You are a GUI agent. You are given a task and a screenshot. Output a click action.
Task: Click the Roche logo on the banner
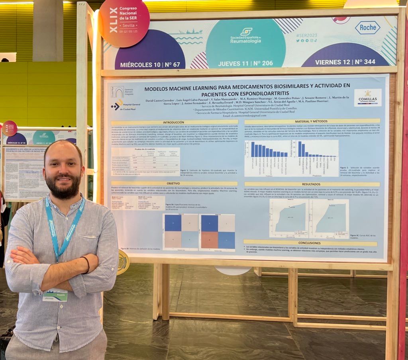coord(367,27)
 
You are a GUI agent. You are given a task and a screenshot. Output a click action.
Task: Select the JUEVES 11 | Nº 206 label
coord(245,63)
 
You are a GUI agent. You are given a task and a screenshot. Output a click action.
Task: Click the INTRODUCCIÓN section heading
coord(174,122)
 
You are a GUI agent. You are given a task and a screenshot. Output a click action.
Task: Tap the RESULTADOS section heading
coord(311,184)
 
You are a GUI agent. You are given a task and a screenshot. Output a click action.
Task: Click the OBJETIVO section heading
coord(174,184)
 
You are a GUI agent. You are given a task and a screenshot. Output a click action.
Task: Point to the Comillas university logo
coord(367,97)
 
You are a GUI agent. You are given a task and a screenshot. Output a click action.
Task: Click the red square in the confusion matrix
coord(209,240)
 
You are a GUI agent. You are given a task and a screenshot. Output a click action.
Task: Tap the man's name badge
coord(55,295)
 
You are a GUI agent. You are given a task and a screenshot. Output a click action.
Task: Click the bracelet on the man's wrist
coord(87,264)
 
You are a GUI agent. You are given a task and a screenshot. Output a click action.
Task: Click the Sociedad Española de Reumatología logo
coord(245,35)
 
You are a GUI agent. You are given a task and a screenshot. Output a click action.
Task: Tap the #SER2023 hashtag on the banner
coord(304,35)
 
